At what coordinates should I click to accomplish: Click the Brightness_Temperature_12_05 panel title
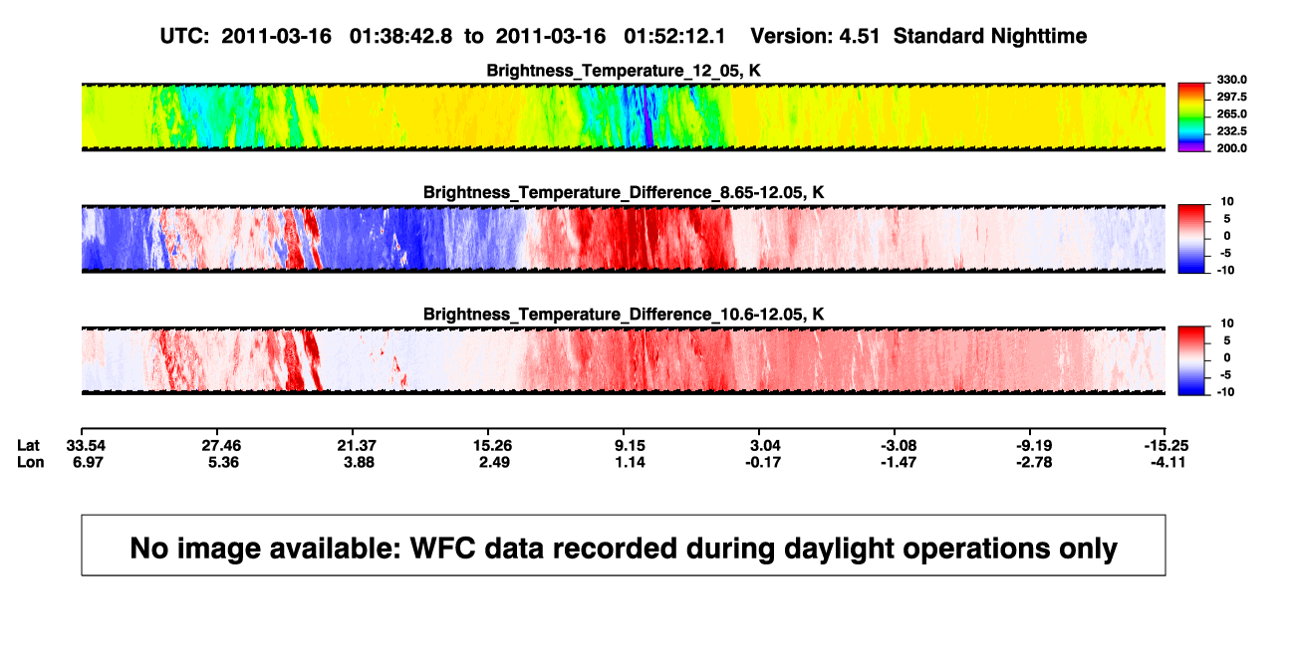624,71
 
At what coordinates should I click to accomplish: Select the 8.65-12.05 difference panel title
624,192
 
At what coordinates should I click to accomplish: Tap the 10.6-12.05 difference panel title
624,315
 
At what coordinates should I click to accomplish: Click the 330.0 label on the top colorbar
1231,80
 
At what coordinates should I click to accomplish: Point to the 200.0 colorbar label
1231,148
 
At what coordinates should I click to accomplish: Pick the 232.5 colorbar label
1231,131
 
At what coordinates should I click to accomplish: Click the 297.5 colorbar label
1231,97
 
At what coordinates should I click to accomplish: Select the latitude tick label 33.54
86,446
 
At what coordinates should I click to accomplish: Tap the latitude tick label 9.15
630,446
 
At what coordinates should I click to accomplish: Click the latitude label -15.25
1166,446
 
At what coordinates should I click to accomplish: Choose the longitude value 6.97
88,462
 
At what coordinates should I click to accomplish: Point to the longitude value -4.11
1167,462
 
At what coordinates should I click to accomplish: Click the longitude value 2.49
494,462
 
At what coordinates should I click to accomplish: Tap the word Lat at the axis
28,446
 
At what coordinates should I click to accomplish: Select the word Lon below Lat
31,462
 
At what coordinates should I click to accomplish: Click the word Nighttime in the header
1038,36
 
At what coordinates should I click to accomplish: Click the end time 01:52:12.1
674,36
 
